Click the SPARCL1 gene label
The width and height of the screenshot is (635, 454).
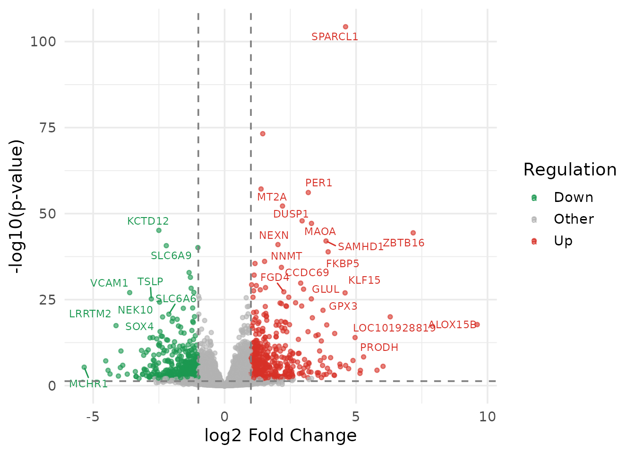tap(335, 37)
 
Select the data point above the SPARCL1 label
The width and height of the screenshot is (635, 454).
tap(345, 27)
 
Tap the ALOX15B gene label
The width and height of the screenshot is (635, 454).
tap(452, 325)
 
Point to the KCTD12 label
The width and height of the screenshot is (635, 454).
tap(148, 221)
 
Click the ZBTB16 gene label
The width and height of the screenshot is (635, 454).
tap(403, 243)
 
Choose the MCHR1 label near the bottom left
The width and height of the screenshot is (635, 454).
tap(88, 384)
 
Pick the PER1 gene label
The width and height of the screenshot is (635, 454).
tap(318, 183)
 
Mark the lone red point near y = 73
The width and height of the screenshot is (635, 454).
tap(263, 134)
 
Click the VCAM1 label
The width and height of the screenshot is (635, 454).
tap(109, 283)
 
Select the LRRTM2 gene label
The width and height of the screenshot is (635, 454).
tap(90, 314)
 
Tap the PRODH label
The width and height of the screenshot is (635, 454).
tap(379, 348)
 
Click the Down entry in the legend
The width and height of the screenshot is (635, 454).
tap(573, 198)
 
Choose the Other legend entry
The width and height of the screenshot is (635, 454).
tap(574, 219)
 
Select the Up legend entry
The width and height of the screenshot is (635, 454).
tap(563, 241)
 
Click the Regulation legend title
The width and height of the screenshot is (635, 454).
tap(570, 170)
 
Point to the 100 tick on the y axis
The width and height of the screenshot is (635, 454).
tap(43, 42)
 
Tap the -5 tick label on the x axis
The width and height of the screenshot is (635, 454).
tap(93, 417)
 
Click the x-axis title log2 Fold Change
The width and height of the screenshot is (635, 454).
tap(280, 436)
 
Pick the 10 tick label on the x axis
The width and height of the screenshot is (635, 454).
tap(487, 417)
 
